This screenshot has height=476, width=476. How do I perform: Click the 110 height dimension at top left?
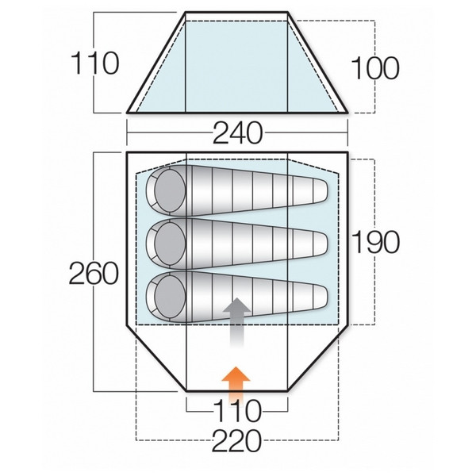click(x=93, y=61)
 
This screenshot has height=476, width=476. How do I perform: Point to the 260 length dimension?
click(x=93, y=274)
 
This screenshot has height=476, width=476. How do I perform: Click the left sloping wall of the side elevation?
click(x=156, y=61)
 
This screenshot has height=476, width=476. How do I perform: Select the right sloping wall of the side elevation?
click(x=321, y=61)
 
